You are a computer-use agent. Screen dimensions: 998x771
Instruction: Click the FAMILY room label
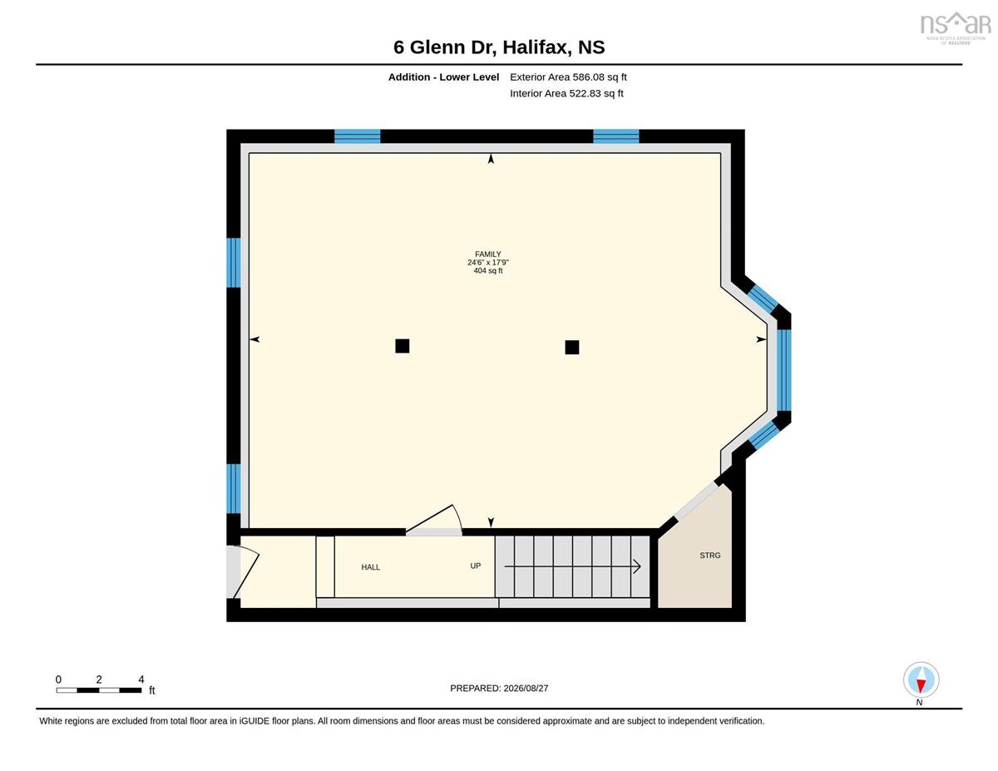click(x=487, y=254)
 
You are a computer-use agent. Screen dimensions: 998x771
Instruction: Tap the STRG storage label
click(x=709, y=556)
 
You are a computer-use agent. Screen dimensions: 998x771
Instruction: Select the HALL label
click(x=371, y=567)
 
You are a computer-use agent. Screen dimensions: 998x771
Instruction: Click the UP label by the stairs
click(x=476, y=566)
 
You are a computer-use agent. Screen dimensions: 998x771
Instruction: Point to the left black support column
click(x=403, y=346)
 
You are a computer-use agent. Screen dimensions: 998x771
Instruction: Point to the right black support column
click(x=572, y=347)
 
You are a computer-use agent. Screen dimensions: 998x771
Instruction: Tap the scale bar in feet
click(x=99, y=690)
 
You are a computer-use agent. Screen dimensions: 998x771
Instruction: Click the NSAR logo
click(x=956, y=28)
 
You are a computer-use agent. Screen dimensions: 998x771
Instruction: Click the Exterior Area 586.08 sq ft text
click(x=568, y=77)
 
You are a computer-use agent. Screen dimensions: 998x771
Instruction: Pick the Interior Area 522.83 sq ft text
click(x=566, y=94)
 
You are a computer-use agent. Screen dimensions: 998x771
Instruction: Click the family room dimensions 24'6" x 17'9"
click(x=487, y=263)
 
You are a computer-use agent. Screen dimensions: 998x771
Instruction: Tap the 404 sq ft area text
click(x=487, y=271)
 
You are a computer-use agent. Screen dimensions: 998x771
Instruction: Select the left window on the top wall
click(x=358, y=136)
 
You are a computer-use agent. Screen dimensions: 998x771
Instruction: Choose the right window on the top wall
click(x=616, y=136)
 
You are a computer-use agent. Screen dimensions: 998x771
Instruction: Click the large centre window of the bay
click(x=783, y=369)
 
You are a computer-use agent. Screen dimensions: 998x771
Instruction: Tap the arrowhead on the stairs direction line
click(x=637, y=566)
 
